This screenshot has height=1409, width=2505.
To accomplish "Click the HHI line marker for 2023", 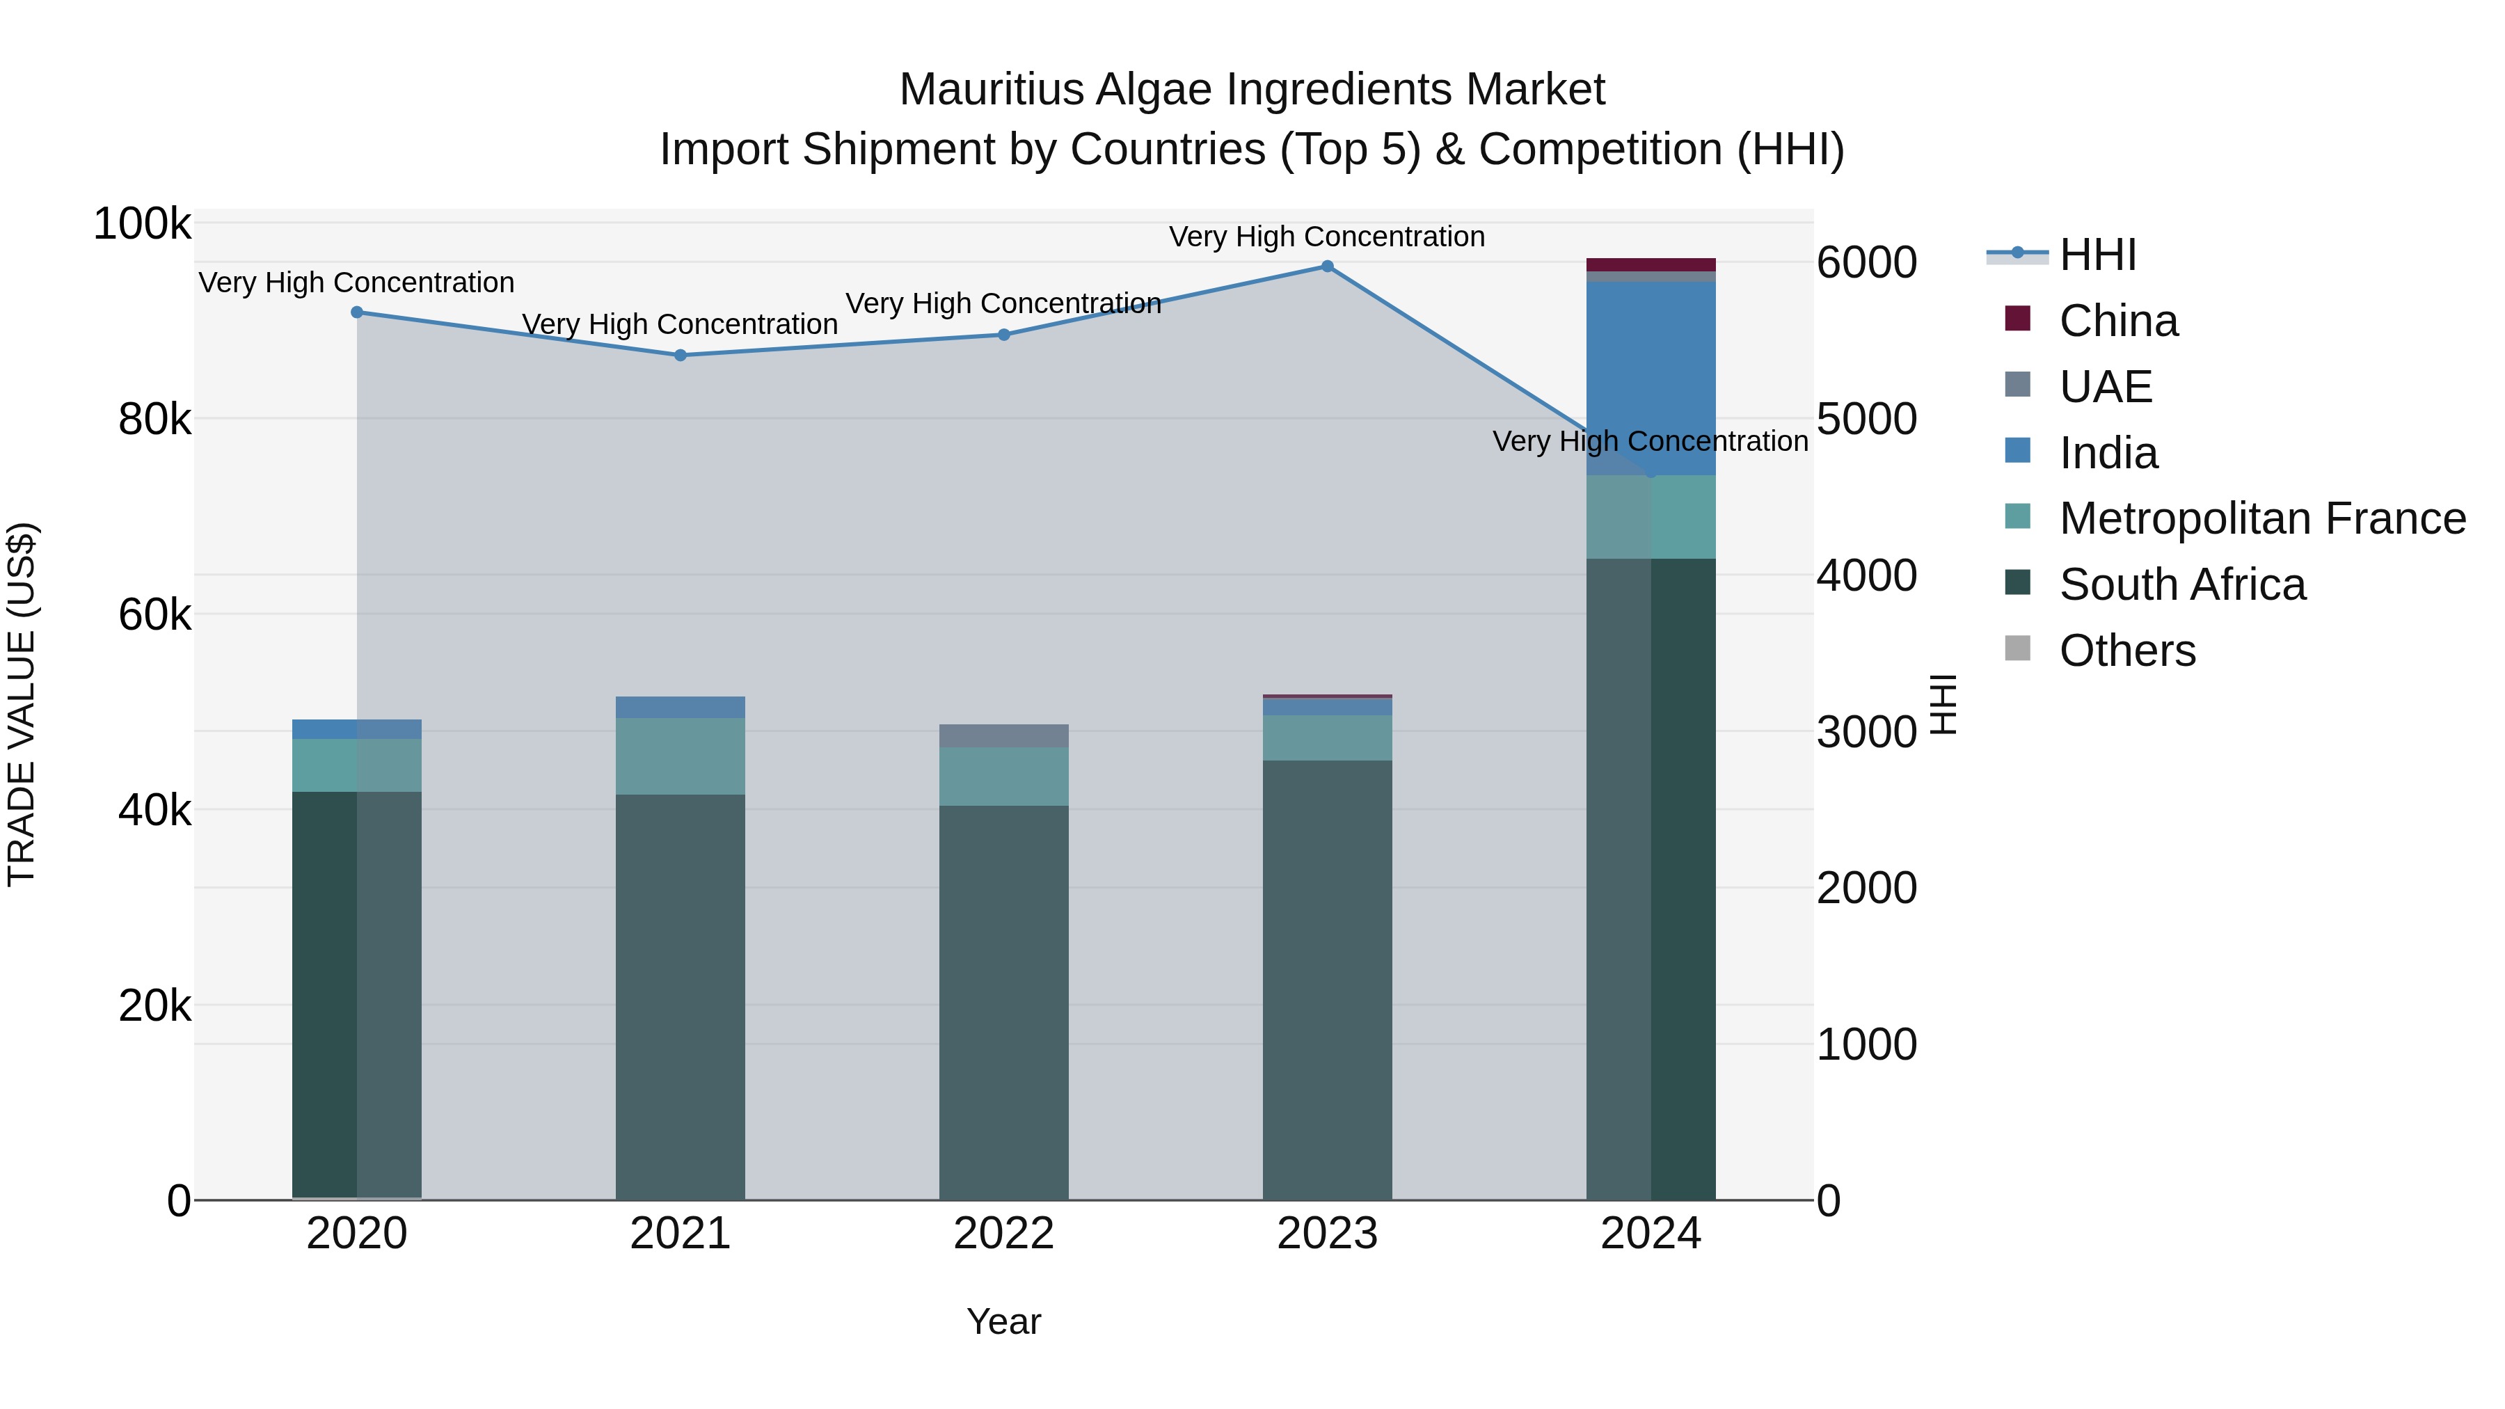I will tap(1328, 266).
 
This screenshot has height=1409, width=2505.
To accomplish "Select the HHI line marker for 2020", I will tap(357, 312).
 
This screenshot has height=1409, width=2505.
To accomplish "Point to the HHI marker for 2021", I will tap(681, 355).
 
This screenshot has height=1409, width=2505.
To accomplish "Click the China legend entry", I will tap(2118, 321).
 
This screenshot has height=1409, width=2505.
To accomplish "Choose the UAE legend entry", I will tap(2106, 387).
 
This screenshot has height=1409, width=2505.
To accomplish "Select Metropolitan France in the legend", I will tap(2262, 518).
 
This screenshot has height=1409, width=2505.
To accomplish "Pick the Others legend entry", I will tap(2126, 651).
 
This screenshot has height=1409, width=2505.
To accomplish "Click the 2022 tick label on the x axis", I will tap(1003, 1234).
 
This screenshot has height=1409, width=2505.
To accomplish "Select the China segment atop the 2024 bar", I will tap(1651, 264).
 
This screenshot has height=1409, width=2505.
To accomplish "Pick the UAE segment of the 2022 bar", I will tap(1003, 736).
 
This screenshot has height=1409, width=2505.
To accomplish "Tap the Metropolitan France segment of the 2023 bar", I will tap(1328, 738).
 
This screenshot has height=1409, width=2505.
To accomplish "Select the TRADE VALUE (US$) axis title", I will tap(22, 704).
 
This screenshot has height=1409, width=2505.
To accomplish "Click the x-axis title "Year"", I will tap(1003, 1321).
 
